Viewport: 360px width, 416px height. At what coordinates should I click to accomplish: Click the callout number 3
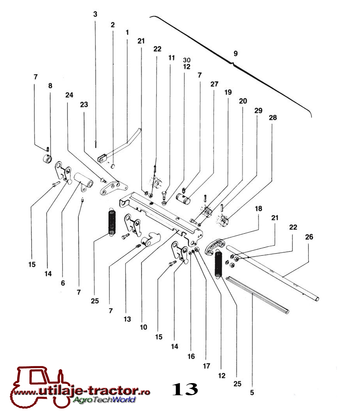coord(95,14)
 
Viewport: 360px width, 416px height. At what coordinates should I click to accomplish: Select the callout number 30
coord(187,60)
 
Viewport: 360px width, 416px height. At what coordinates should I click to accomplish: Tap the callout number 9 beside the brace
coord(236,54)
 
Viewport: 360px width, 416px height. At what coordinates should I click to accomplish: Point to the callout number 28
coord(273,118)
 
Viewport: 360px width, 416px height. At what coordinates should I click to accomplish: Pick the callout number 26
coord(309,237)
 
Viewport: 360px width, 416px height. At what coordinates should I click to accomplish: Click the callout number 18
coord(258,209)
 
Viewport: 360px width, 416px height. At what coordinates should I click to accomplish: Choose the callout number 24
coord(69,95)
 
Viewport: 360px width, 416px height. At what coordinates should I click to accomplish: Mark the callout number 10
coord(144,327)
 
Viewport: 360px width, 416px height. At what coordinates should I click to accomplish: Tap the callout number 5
coord(252,392)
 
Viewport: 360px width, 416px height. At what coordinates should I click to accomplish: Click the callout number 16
coord(191,356)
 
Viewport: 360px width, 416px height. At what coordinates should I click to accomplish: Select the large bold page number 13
coord(185,389)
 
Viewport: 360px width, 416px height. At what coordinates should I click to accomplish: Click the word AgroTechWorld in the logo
coord(104,399)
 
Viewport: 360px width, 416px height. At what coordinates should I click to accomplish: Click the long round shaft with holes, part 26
coord(272,273)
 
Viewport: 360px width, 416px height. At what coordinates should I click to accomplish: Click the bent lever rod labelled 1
coord(120,146)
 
